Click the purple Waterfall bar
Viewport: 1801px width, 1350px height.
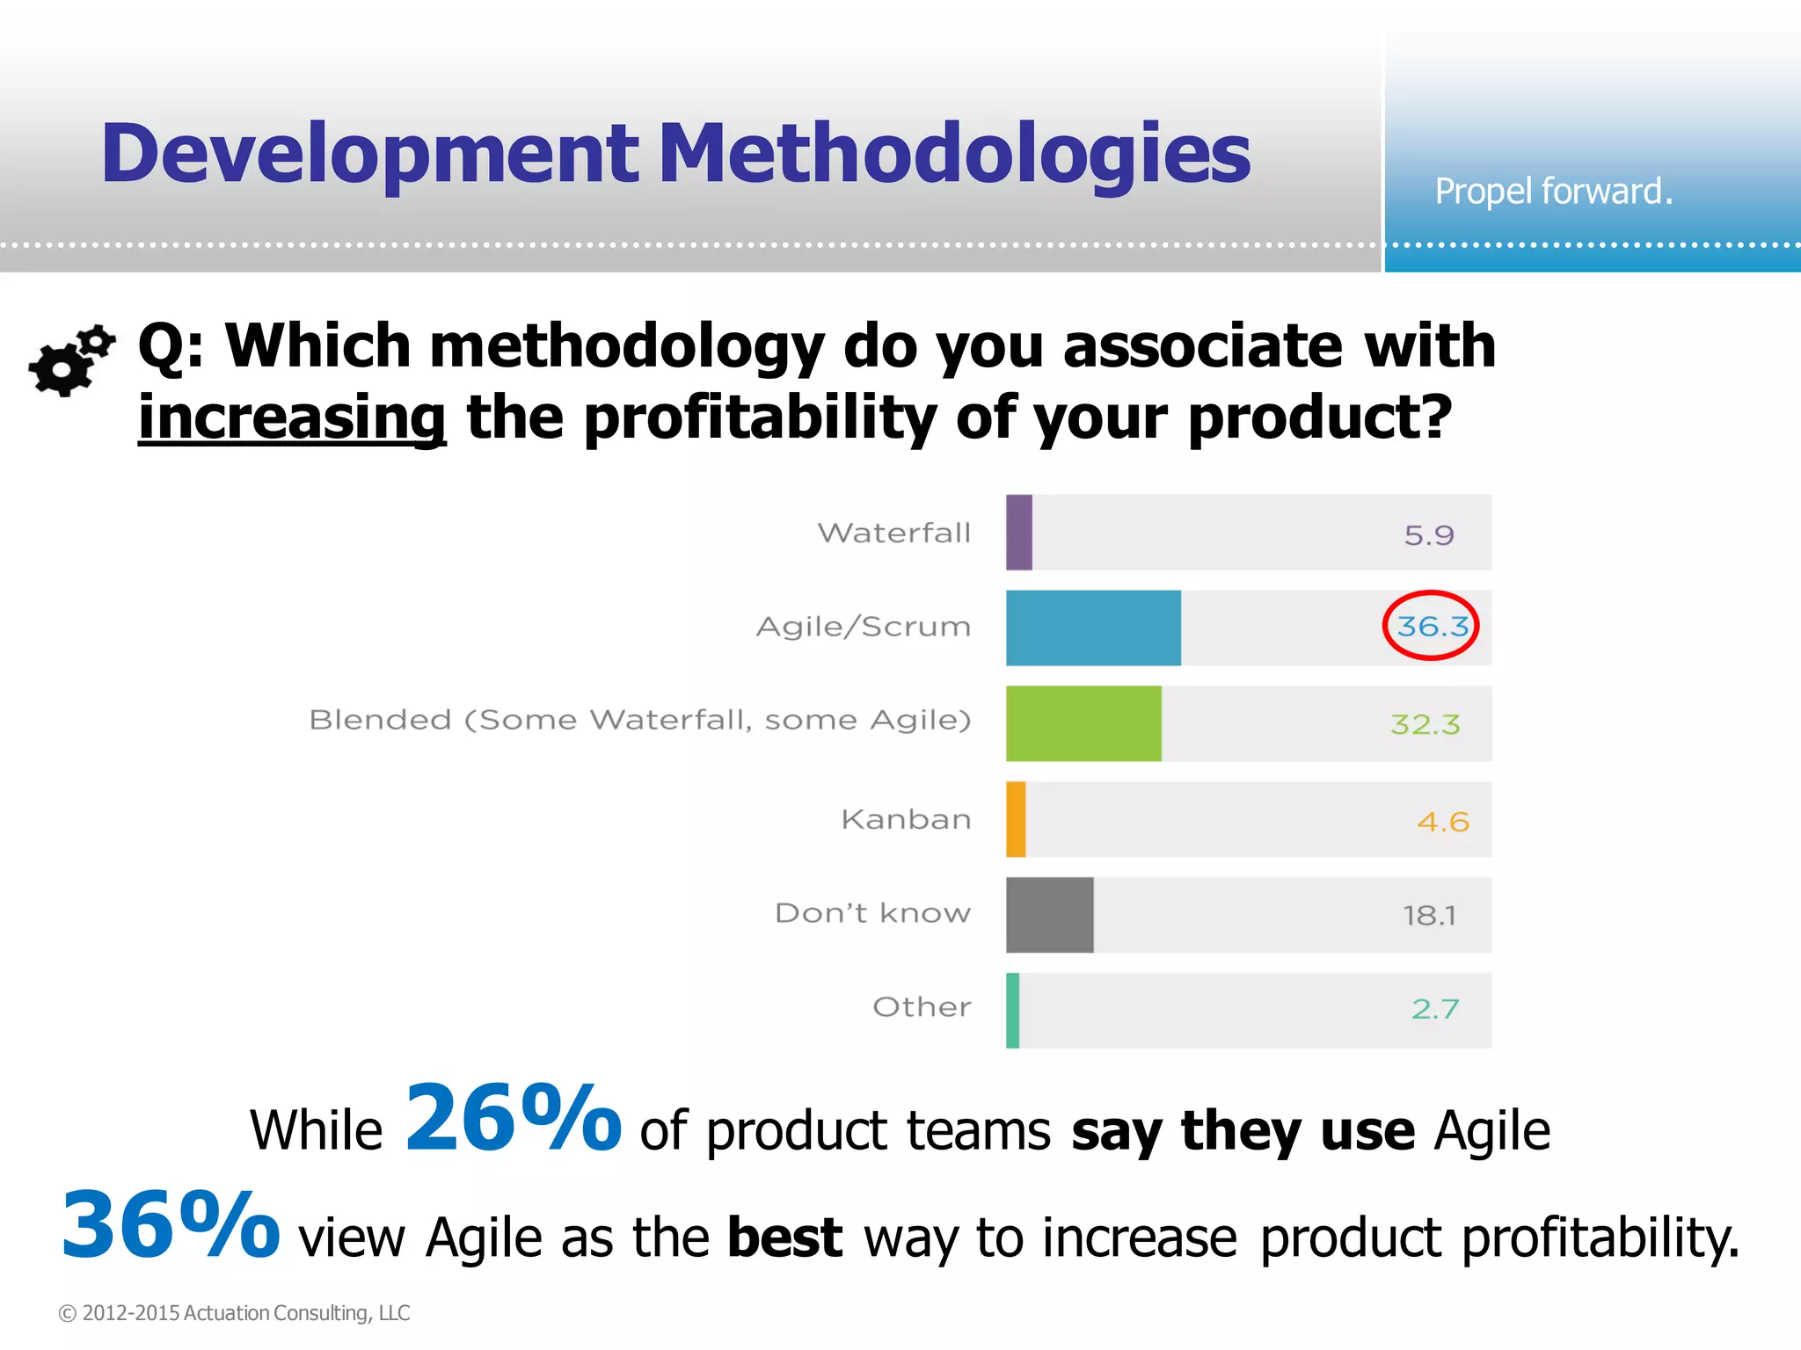point(1019,533)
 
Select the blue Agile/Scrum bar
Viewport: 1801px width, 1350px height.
point(1093,628)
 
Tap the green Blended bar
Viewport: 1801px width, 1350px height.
point(1083,723)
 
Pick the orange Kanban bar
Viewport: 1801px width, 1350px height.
point(1016,819)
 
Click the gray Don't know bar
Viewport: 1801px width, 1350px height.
point(1050,915)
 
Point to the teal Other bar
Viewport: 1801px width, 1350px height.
point(1013,1011)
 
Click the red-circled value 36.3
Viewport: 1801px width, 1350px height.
point(1432,626)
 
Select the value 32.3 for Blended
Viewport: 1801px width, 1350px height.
point(1425,724)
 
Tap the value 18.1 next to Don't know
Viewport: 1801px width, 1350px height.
point(1429,916)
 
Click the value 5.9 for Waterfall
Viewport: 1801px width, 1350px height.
point(1429,534)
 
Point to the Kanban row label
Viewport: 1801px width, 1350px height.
point(906,819)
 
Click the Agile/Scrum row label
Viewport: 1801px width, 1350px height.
point(864,627)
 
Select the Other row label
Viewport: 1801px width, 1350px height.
point(922,1006)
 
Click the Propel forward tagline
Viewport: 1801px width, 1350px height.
point(1553,191)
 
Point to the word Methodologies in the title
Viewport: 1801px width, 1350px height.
point(954,154)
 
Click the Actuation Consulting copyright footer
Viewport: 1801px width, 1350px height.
point(234,1312)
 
